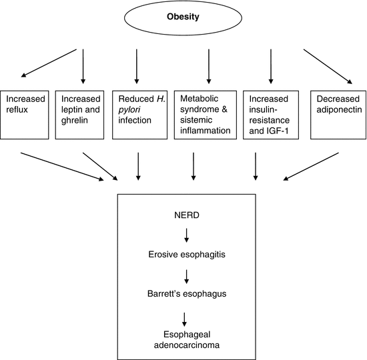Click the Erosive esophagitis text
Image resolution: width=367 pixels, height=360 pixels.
point(187,254)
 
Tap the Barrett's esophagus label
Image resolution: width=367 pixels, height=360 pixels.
point(187,293)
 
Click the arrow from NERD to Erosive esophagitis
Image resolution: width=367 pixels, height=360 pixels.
point(187,234)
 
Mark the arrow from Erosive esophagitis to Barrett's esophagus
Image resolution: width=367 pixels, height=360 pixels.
point(187,274)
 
